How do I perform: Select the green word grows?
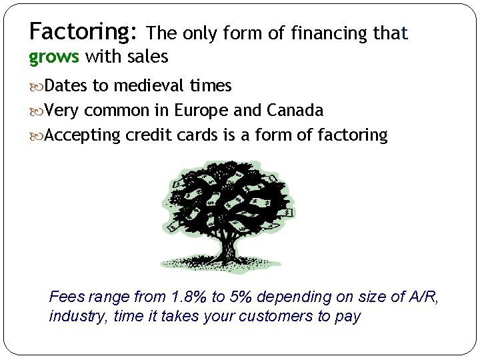tap(54, 57)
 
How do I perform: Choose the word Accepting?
tap(83, 135)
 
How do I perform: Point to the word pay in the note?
tap(347, 317)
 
